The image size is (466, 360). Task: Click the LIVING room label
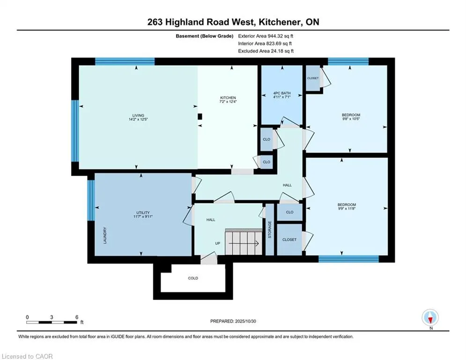point(137,115)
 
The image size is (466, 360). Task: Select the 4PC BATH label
point(281,93)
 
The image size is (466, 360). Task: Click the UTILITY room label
point(142,213)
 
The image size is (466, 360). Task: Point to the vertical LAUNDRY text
point(105,236)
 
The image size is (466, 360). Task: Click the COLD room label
point(193,278)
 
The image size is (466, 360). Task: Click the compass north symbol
point(430,318)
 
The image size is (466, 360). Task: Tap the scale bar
point(52,322)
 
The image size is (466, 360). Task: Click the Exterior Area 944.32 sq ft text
point(266,36)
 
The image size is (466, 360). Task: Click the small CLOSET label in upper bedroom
point(313,78)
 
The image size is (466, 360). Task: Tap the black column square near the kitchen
point(200,117)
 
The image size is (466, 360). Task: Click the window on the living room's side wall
point(74,131)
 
